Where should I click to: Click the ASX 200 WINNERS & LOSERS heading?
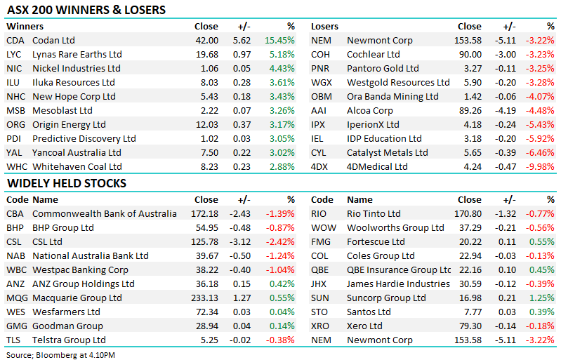point(86,11)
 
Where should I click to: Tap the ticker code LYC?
point(15,55)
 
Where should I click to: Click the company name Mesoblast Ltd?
point(62,111)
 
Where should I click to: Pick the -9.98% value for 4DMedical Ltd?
point(541,167)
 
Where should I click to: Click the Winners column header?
point(25,27)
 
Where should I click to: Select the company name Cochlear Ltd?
point(374,55)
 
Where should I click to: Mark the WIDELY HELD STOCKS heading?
point(66,184)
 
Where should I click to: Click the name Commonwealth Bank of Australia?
point(105,214)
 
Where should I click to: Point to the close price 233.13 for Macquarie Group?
point(204,298)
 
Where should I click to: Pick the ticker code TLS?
point(14,340)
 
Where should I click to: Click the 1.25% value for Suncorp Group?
point(543,298)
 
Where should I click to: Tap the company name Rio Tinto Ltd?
point(374,214)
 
